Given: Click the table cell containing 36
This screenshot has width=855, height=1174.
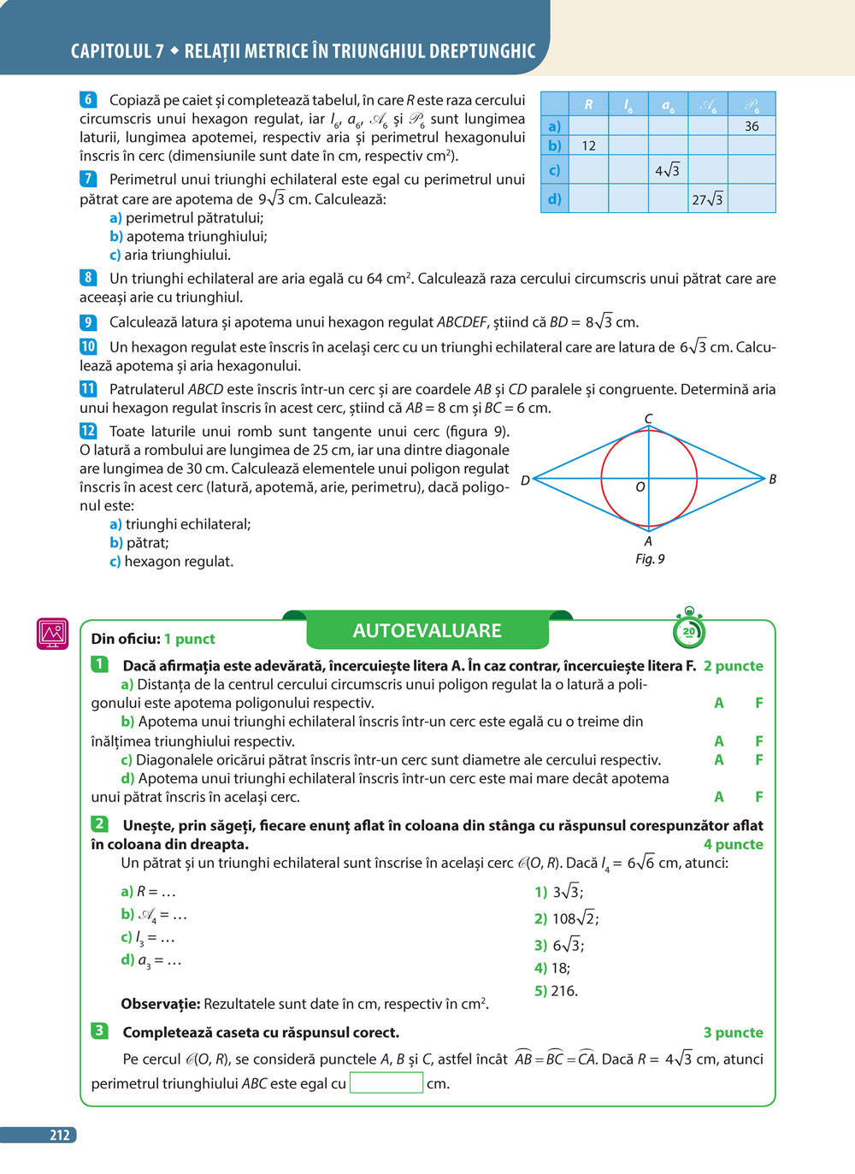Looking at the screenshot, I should tap(752, 126).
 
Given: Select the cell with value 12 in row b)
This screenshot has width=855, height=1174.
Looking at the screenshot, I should tap(588, 145).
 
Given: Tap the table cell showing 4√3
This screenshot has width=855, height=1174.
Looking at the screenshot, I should tap(668, 170).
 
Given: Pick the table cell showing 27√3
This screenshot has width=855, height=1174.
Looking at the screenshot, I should tap(708, 199).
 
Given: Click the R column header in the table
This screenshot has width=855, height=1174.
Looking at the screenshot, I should tap(588, 104).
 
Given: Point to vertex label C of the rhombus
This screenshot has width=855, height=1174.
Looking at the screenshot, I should tap(649, 419).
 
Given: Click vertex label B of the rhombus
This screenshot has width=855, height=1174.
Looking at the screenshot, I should tap(772, 479).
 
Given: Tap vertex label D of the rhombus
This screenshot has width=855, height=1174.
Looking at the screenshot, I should tap(525, 480).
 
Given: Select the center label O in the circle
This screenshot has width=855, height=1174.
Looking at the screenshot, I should tap(640, 487).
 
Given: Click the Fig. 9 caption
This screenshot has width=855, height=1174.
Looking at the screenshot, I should tap(650, 558).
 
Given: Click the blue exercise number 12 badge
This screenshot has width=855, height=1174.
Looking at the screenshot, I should tap(88, 431).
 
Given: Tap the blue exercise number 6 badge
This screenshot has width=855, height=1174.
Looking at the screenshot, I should tap(88, 100).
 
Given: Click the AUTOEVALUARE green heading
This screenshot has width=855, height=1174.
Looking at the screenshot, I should tap(427, 631).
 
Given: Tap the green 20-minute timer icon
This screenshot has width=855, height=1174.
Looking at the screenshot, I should tap(689, 630).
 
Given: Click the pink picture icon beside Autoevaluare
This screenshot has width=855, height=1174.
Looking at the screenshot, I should tap(53, 634).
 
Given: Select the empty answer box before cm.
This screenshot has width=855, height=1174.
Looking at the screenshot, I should tap(386, 1083).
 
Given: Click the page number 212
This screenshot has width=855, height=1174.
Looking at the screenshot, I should tap(60, 1136).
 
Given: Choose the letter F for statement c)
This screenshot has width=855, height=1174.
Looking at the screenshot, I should tap(758, 759).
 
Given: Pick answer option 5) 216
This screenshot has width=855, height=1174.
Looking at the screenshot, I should tap(557, 991).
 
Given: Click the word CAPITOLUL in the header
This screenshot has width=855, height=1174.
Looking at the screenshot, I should tap(112, 51).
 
